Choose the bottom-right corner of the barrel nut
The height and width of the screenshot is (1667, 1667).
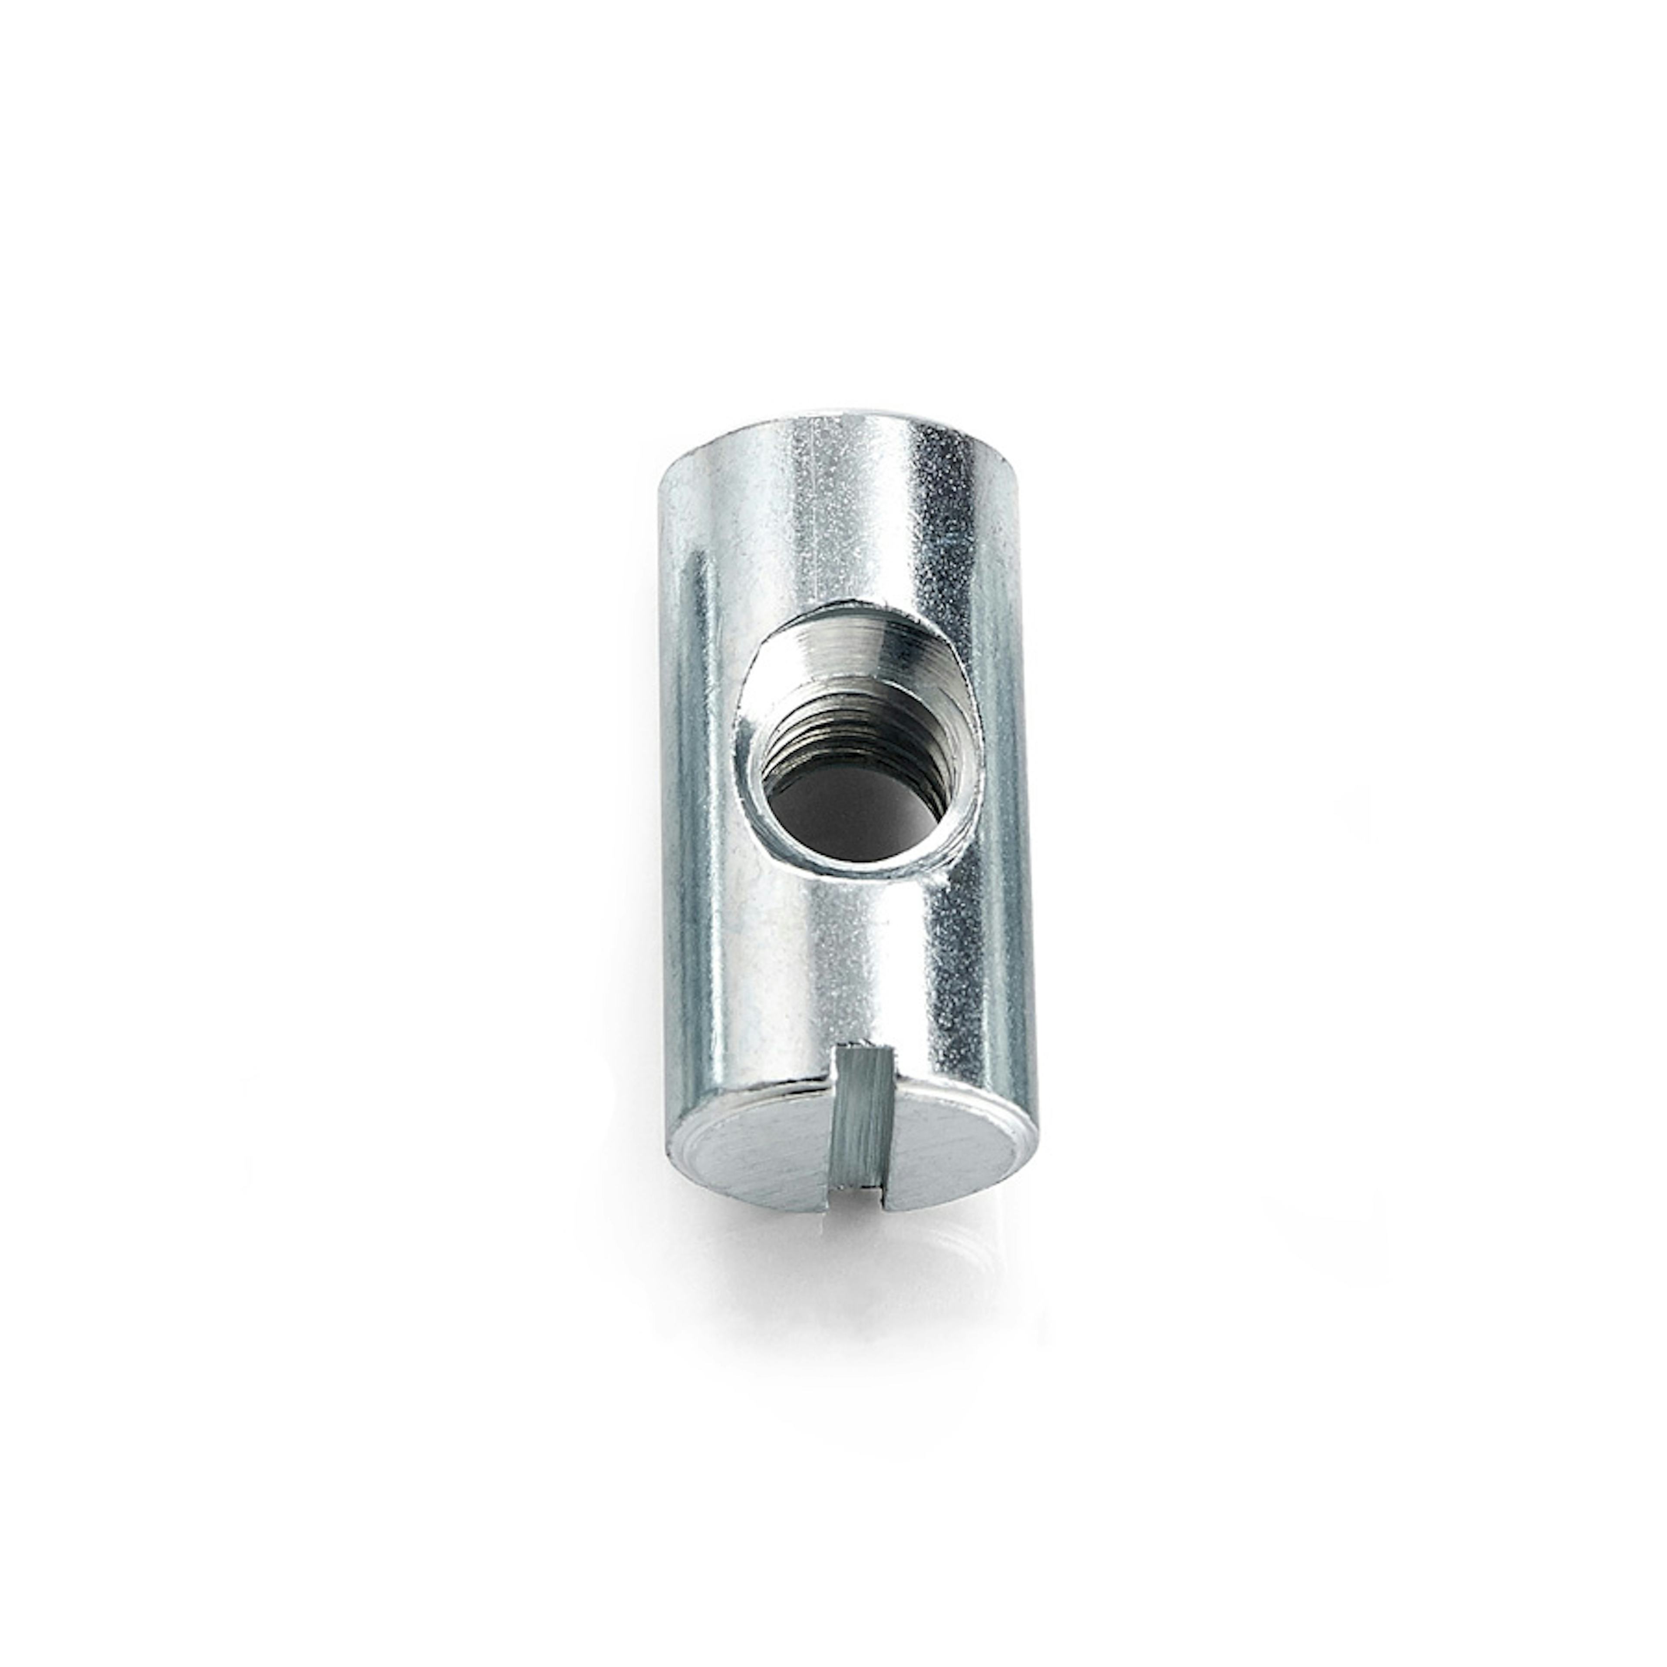(1035, 1130)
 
